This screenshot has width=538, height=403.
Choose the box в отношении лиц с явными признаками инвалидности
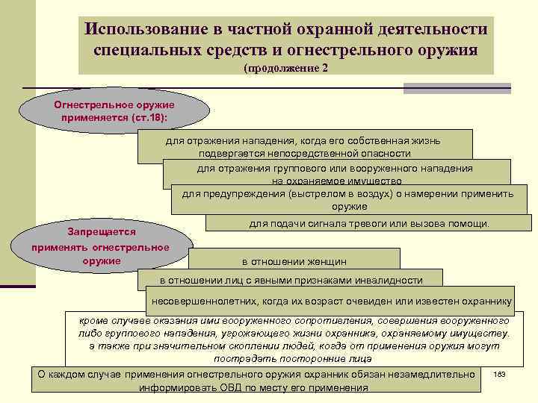pyautogui.click(x=291, y=281)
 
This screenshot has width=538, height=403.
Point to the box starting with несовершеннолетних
pyautogui.click(x=331, y=302)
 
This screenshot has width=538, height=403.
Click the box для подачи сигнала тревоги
pyautogui.click(x=369, y=223)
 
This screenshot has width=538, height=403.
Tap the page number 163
pyautogui.click(x=500, y=373)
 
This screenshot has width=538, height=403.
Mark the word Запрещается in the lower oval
pyautogui.click(x=101, y=232)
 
